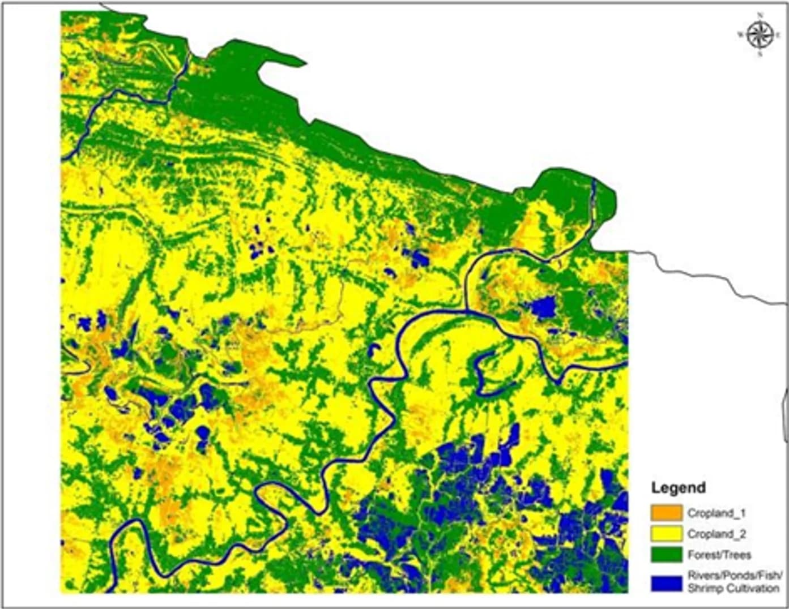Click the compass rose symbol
(x=760, y=35)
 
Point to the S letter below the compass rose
(x=760, y=55)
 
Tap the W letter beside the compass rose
(x=740, y=35)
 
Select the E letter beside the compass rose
(x=778, y=35)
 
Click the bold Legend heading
(x=678, y=488)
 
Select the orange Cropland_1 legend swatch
(x=667, y=513)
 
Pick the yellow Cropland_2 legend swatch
(x=667, y=534)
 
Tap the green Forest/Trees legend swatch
(x=667, y=555)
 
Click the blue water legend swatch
(x=667, y=582)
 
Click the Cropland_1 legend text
(x=717, y=513)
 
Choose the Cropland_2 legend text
(x=717, y=534)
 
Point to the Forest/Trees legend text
(x=719, y=555)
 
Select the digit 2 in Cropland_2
(x=743, y=534)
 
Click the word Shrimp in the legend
(x=702, y=589)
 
